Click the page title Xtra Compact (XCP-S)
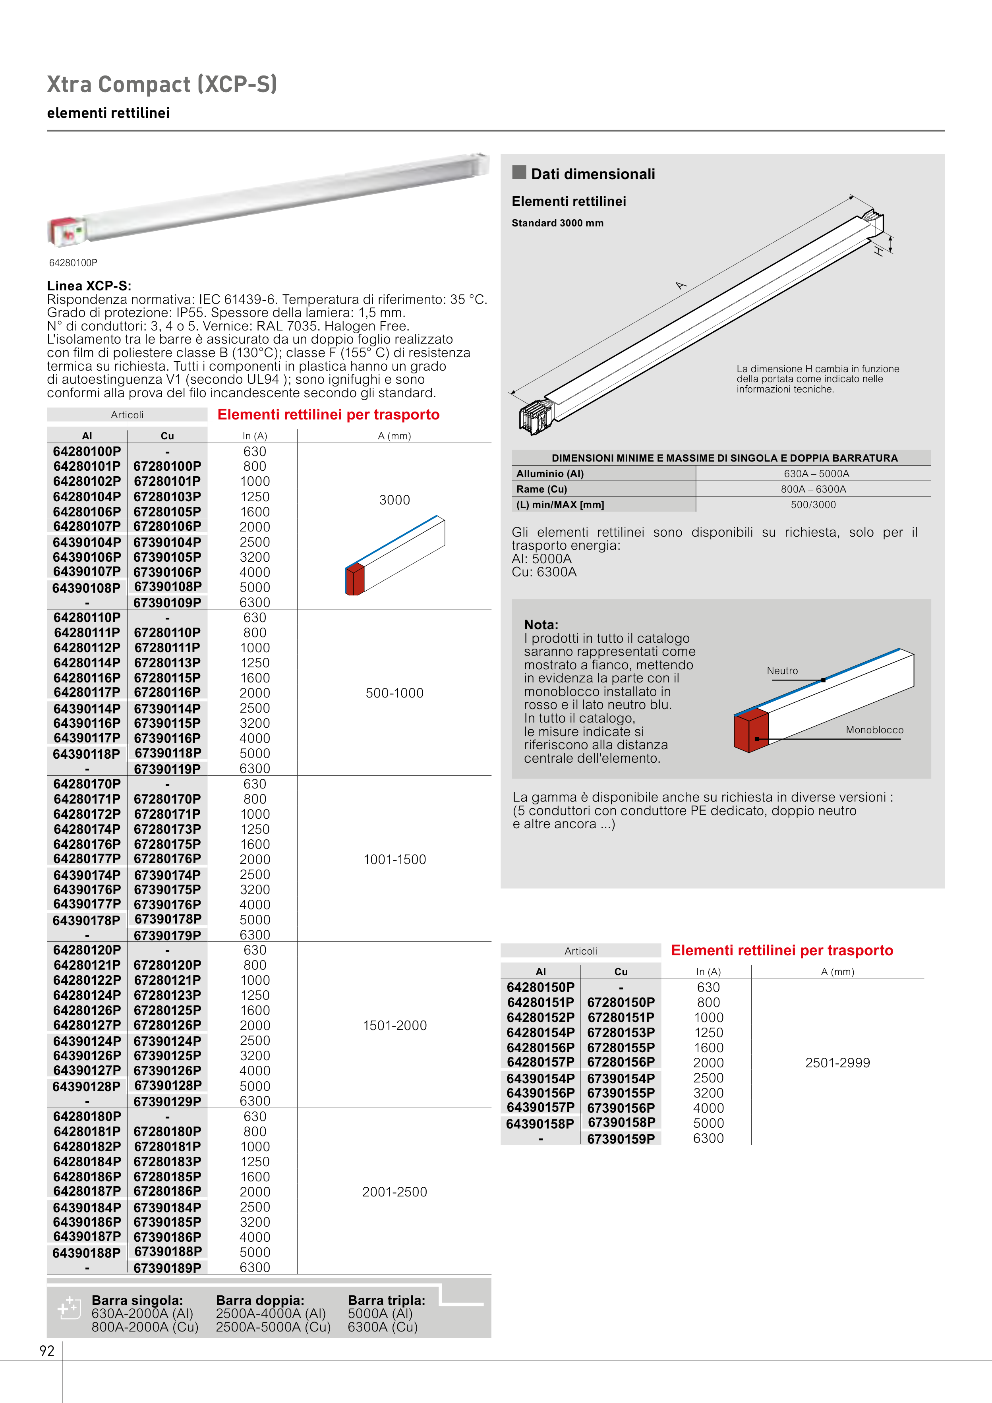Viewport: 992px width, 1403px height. tap(162, 84)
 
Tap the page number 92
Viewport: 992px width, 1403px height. tap(47, 1351)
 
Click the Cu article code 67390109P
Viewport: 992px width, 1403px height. tap(168, 603)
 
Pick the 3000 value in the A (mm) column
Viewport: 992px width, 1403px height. tap(394, 500)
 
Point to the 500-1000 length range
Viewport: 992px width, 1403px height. tap(394, 693)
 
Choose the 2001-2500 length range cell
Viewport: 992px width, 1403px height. tap(394, 1192)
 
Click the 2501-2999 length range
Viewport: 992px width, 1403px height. tap(837, 1063)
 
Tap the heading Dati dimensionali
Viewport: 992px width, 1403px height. tap(592, 174)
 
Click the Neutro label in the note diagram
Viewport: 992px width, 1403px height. tap(782, 671)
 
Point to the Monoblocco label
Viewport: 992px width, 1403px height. tap(874, 730)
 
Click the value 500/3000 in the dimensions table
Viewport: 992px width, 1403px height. tap(813, 505)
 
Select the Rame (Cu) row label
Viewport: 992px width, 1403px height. tap(541, 489)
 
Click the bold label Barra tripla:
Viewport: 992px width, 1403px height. tap(386, 1301)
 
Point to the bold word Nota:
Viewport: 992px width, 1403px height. tap(541, 624)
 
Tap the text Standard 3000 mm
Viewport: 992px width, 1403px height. tap(557, 223)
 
